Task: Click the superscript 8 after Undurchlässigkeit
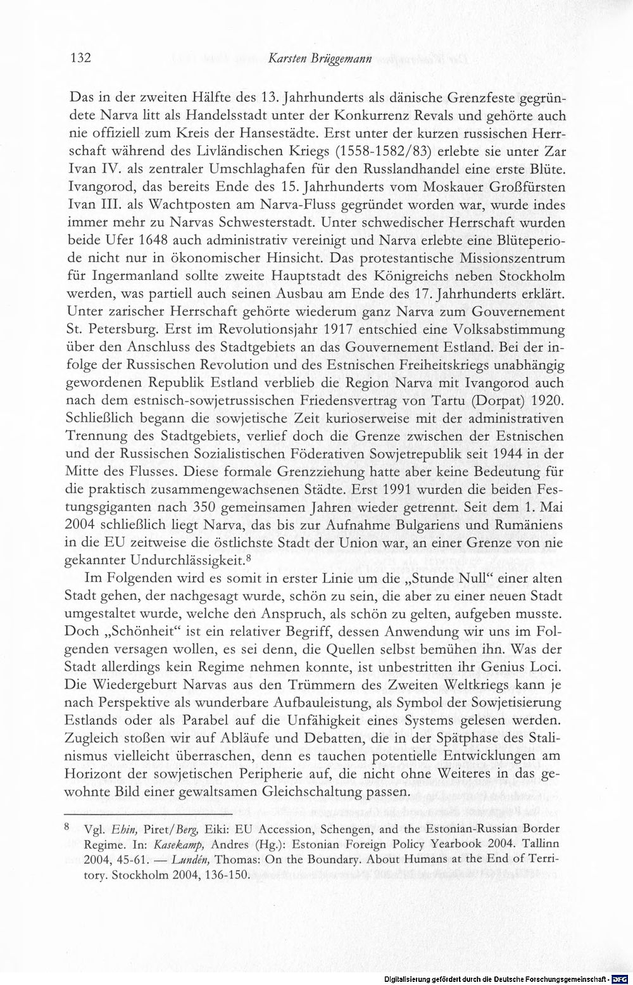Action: coord(249,558)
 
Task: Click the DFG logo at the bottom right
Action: coord(624,979)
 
